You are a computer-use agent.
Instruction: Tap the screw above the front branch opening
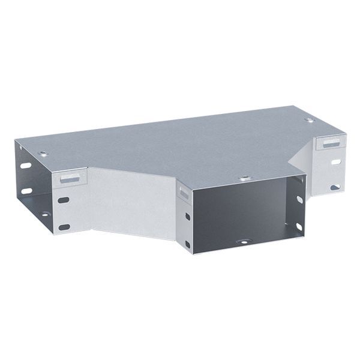pyautogui.click(x=244, y=179)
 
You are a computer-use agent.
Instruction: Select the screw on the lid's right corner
pyautogui.click(x=309, y=121)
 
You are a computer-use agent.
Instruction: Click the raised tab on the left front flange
pyautogui.click(x=72, y=179)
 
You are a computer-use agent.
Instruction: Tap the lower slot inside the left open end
pyautogui.click(x=26, y=191)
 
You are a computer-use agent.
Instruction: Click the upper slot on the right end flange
pyautogui.click(x=334, y=161)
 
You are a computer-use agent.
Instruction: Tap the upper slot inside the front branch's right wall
pyautogui.click(x=296, y=199)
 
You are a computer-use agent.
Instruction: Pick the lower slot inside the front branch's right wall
pyautogui.click(x=296, y=226)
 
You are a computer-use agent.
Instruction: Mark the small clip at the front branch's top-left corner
pyautogui.click(x=182, y=191)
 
